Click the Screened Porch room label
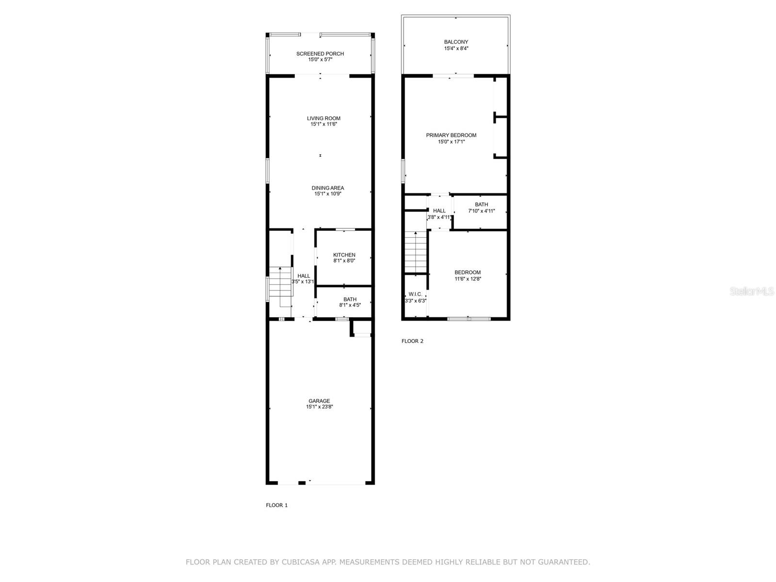[320, 54]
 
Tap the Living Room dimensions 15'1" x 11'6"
[323, 124]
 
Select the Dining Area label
[327, 188]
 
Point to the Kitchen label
[344, 255]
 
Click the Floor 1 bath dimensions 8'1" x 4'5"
[350, 305]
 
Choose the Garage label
[319, 401]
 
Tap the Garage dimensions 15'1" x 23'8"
[319, 406]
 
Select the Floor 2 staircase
[415, 252]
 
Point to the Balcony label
[456, 42]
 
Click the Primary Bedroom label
[451, 135]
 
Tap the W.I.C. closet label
[415, 294]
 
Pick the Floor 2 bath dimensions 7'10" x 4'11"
[481, 211]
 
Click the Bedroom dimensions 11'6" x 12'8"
[468, 279]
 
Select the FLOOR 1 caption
[276, 505]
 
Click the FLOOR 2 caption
[412, 341]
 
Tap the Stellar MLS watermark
[752, 291]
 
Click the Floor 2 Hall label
[439, 210]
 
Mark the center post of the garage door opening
[302, 483]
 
